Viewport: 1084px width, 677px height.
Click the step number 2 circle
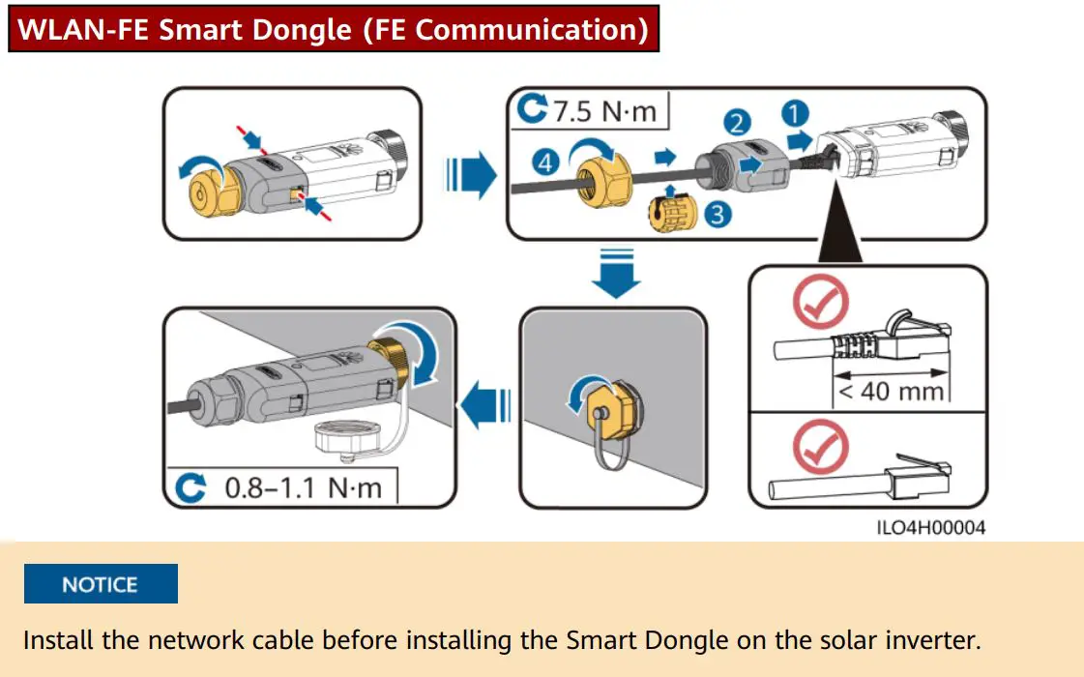737,122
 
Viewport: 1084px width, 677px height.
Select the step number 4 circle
547,163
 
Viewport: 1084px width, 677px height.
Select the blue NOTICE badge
101,584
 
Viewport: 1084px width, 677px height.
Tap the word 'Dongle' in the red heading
305,29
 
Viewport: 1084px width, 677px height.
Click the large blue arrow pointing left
483,404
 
